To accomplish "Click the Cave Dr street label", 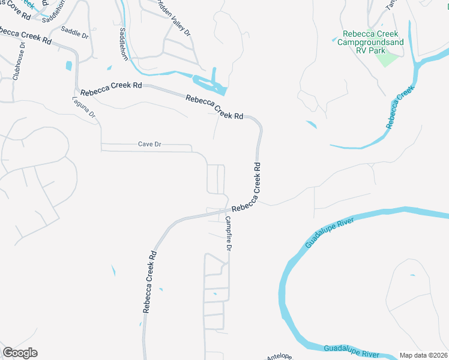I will coord(151,144).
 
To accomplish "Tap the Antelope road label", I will coord(279,356).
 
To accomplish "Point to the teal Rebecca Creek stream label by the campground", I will coord(400,107).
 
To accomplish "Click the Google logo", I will coord(20,353).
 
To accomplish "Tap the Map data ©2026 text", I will coord(423,355).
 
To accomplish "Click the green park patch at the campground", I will coord(387,59).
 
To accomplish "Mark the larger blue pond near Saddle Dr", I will coord(68,65).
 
